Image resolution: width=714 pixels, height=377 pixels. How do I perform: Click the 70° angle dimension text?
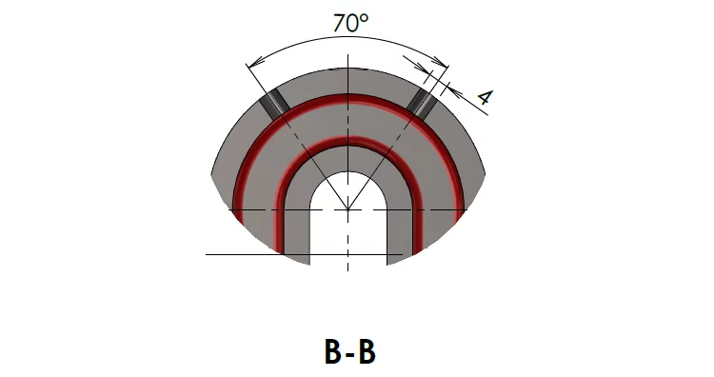[x=350, y=23]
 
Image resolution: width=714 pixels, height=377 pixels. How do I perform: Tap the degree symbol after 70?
[x=364, y=18]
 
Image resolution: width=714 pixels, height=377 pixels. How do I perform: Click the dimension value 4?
[x=485, y=97]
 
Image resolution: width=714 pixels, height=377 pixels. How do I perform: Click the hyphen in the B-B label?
[x=349, y=354]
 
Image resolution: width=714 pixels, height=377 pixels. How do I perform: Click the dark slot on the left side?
[x=274, y=102]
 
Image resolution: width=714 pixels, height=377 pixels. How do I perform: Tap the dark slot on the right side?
[x=422, y=102]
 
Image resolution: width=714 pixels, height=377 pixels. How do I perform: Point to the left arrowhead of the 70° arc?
[x=255, y=63]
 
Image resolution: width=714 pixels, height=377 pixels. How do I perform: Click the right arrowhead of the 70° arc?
[x=441, y=62]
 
